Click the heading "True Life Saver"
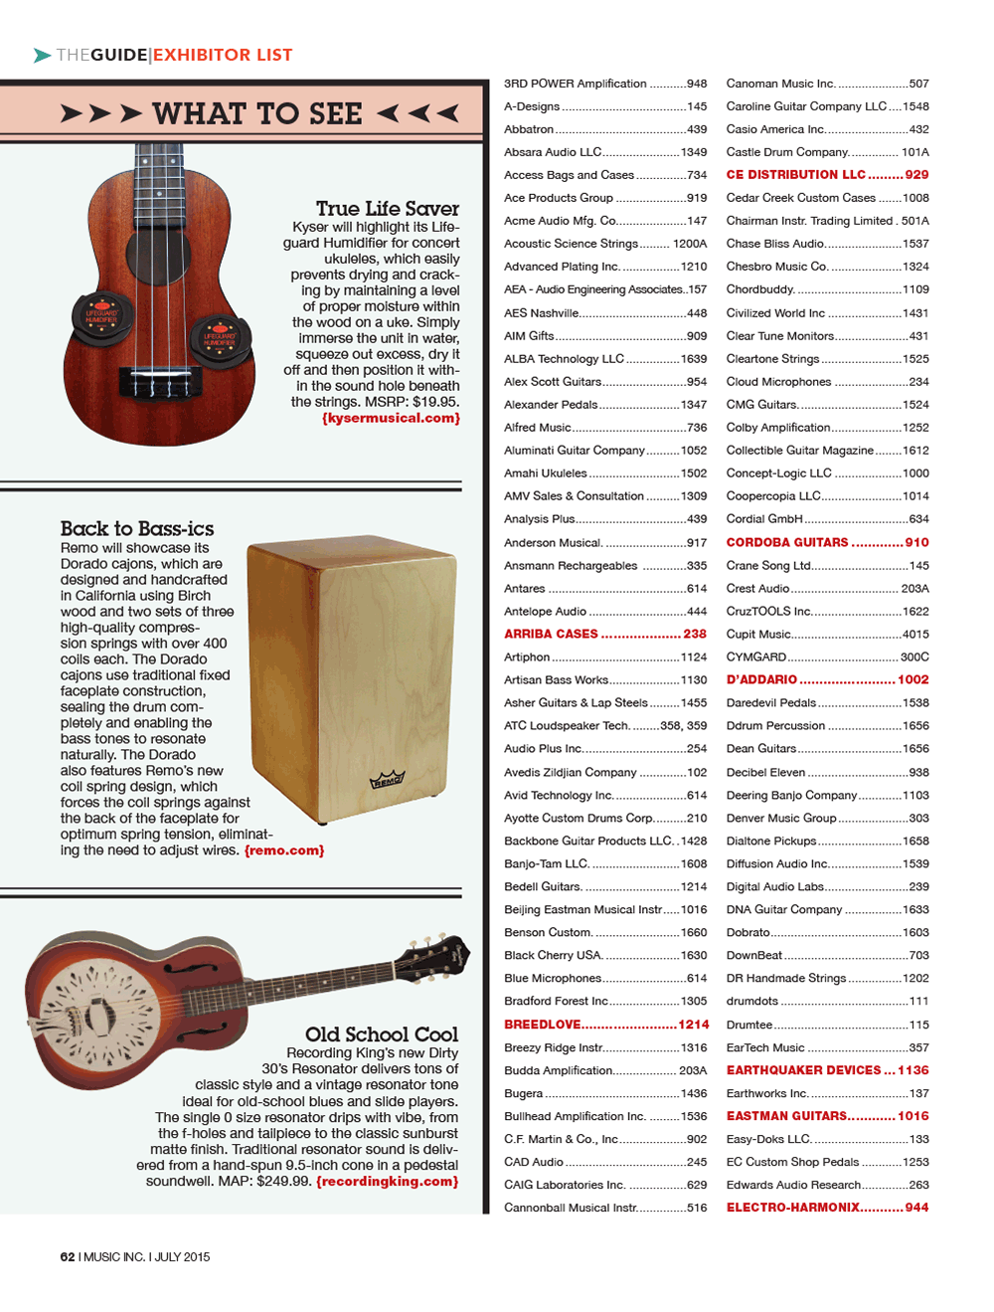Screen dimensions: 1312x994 coord(388,208)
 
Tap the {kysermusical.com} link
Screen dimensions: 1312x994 coord(391,419)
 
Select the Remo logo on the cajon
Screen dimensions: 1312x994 coord(387,780)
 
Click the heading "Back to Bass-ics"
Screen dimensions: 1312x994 coord(137,528)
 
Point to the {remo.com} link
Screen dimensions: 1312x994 coord(284,850)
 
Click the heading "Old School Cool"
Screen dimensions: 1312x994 coord(382,1034)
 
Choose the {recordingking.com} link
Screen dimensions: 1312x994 coord(388,1182)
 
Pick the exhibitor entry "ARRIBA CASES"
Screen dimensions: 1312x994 coord(551,634)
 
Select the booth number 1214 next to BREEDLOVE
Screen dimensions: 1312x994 coord(694,1025)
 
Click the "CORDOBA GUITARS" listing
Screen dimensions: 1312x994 coord(787,542)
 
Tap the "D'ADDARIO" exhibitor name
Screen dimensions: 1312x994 coord(761,679)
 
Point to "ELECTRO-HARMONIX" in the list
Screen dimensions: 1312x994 coord(793,1208)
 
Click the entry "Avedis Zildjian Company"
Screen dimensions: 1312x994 coord(570,772)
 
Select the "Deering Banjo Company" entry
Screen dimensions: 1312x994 coord(791,795)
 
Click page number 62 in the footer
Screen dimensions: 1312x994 coord(68,1257)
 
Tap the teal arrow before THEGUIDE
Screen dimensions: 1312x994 coord(42,56)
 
